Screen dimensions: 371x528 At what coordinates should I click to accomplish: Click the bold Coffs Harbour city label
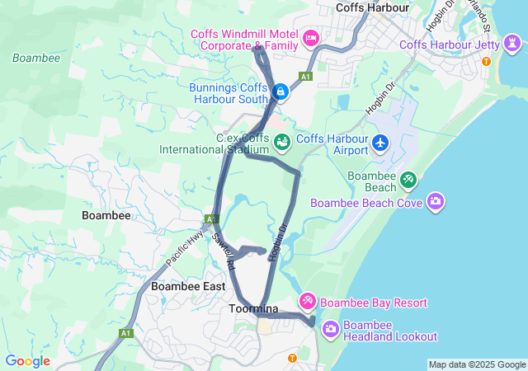(373, 7)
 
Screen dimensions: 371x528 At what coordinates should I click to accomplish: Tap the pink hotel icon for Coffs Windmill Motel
(311, 37)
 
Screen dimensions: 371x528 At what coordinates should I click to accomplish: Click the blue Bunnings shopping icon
(281, 91)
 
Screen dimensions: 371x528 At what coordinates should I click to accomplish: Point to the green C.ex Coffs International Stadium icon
(282, 142)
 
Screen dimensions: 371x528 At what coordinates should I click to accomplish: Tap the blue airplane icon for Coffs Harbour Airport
(380, 142)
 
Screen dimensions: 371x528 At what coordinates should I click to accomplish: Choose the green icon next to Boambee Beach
(408, 179)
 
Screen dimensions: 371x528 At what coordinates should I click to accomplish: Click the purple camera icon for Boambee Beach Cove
(436, 201)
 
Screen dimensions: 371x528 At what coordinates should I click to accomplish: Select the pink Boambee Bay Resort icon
(308, 302)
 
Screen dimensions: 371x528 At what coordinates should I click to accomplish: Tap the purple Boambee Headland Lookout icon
(330, 329)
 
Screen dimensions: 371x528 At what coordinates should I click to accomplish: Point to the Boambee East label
(188, 286)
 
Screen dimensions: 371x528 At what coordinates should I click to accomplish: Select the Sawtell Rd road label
(224, 251)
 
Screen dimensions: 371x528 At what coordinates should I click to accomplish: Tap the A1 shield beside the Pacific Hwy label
(211, 219)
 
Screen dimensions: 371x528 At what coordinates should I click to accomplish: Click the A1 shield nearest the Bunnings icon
(306, 76)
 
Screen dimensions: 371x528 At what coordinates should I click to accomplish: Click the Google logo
(27, 361)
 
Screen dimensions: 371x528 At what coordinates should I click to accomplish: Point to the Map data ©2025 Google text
(476, 364)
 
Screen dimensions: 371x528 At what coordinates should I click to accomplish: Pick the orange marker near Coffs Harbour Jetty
(486, 62)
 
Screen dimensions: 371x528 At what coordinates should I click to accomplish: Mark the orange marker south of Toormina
(292, 357)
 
